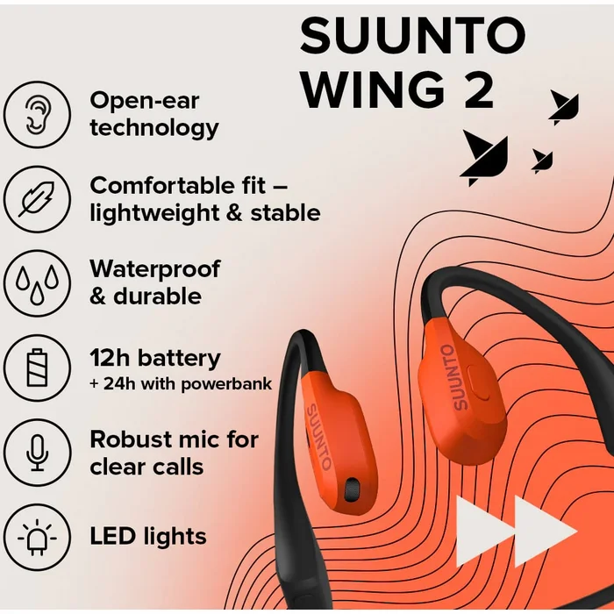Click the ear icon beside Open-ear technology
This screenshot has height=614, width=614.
coord(38,114)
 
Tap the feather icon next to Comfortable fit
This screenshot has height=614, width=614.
coord(38,199)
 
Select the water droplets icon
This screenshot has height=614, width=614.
coord(38,283)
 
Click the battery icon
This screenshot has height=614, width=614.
coord(38,368)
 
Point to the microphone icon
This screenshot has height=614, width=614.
coord(38,453)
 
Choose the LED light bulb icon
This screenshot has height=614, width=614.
coord(38,537)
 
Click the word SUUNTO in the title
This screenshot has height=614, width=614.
coord(413,35)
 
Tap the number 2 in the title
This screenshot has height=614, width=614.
coord(479,90)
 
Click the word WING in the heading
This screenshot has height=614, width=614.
coord(373,90)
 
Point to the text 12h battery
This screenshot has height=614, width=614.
coord(155,358)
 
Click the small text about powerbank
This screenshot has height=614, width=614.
coord(181,384)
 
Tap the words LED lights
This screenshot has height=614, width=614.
coord(148,536)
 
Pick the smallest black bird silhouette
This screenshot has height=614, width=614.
coord(542,161)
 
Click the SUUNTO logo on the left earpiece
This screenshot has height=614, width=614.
coord(318,438)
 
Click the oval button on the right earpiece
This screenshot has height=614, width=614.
coord(477,383)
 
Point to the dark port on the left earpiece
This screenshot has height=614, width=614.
coord(351,489)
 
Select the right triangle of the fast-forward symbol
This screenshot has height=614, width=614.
coord(545,532)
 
